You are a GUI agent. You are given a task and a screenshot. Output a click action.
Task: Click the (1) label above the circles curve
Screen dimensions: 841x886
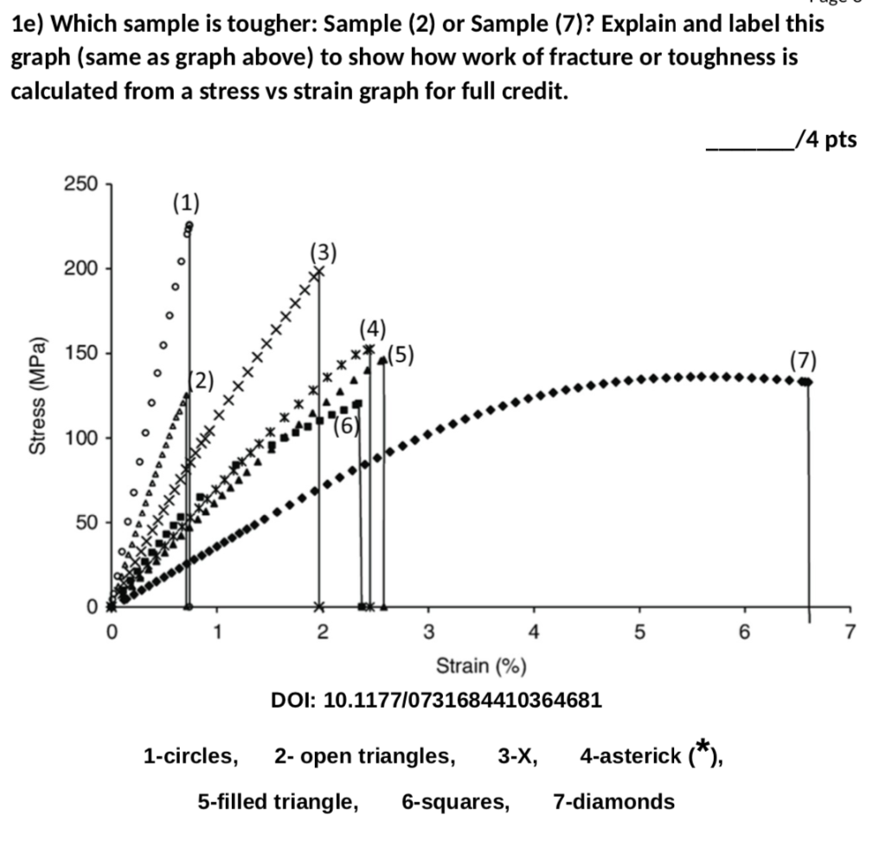185,203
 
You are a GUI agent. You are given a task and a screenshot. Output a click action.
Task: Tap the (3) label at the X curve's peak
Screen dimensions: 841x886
323,252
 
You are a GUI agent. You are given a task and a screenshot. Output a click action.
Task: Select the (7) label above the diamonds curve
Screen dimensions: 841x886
802,359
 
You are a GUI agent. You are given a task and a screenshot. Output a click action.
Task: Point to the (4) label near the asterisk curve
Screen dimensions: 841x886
373,329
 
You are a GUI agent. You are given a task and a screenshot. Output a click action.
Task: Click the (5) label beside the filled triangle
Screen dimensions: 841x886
401,354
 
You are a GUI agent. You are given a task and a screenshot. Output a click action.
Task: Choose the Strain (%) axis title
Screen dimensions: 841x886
481,665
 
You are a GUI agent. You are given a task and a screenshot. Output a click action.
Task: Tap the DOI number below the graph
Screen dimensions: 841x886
436,698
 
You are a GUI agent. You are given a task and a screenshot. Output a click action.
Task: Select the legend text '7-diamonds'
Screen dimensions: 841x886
613,802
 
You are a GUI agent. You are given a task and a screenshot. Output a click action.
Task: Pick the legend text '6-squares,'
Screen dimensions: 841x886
455,802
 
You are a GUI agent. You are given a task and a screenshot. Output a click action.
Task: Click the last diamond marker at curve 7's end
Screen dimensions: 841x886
808,382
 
